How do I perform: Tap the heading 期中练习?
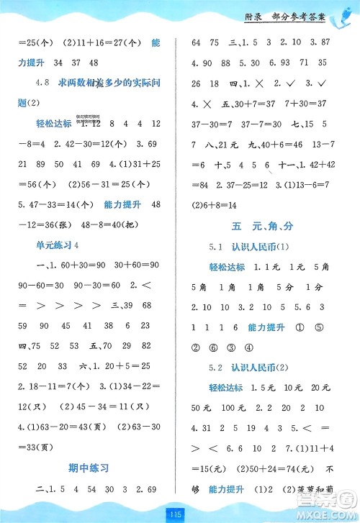[90, 468]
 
